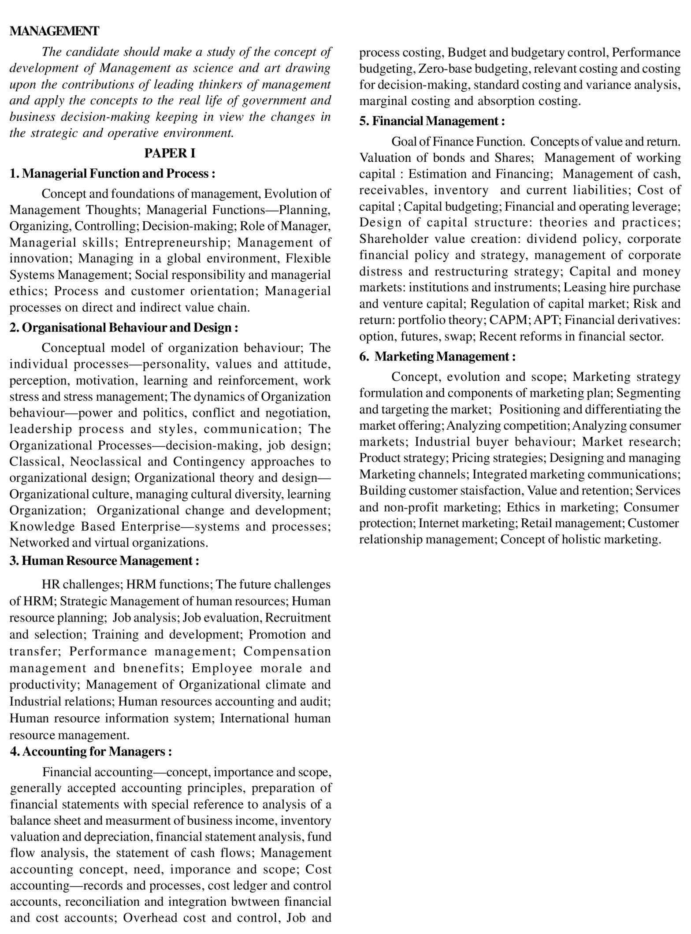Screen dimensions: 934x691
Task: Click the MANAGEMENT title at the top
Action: coord(54,31)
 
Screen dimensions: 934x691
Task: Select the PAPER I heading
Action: coord(170,153)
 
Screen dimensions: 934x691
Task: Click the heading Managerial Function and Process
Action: coord(112,173)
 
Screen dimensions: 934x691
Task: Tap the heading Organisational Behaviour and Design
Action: coord(124,327)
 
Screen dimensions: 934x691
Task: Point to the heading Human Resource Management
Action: coord(104,561)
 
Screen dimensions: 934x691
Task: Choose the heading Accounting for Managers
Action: coord(91,752)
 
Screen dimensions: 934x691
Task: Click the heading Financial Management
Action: coord(432,121)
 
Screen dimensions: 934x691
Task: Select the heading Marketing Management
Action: coord(437,357)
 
